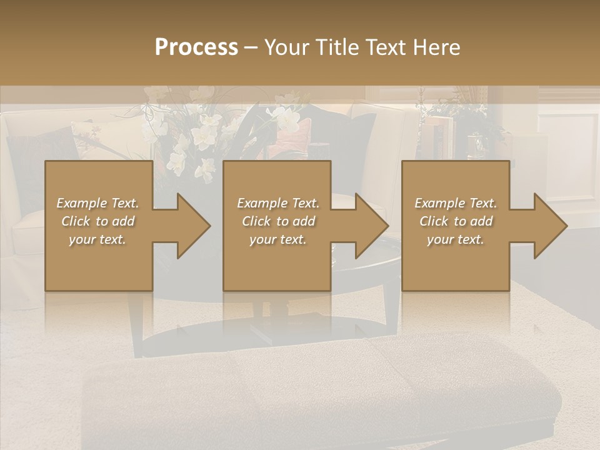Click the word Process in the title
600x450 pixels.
pos(196,47)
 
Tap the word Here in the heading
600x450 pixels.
pos(436,47)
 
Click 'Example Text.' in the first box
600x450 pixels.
pos(97,203)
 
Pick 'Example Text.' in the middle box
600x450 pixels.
pos(278,203)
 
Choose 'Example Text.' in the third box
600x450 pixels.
pos(456,203)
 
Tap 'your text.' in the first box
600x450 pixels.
pos(97,239)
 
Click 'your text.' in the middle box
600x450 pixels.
pos(278,239)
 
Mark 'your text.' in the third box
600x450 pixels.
pos(456,239)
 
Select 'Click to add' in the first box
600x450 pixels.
pos(97,221)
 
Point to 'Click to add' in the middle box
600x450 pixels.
pos(278,221)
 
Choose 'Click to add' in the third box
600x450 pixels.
pos(456,221)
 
